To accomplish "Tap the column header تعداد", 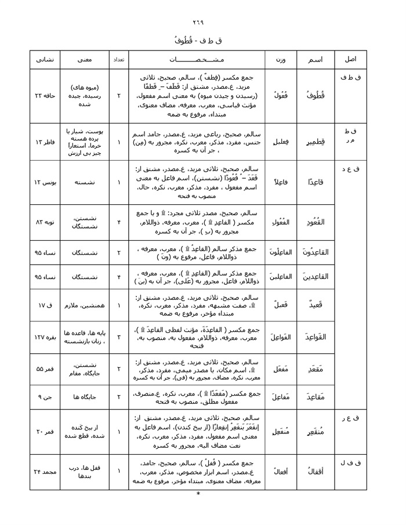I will pyautogui.click(x=118, y=60).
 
